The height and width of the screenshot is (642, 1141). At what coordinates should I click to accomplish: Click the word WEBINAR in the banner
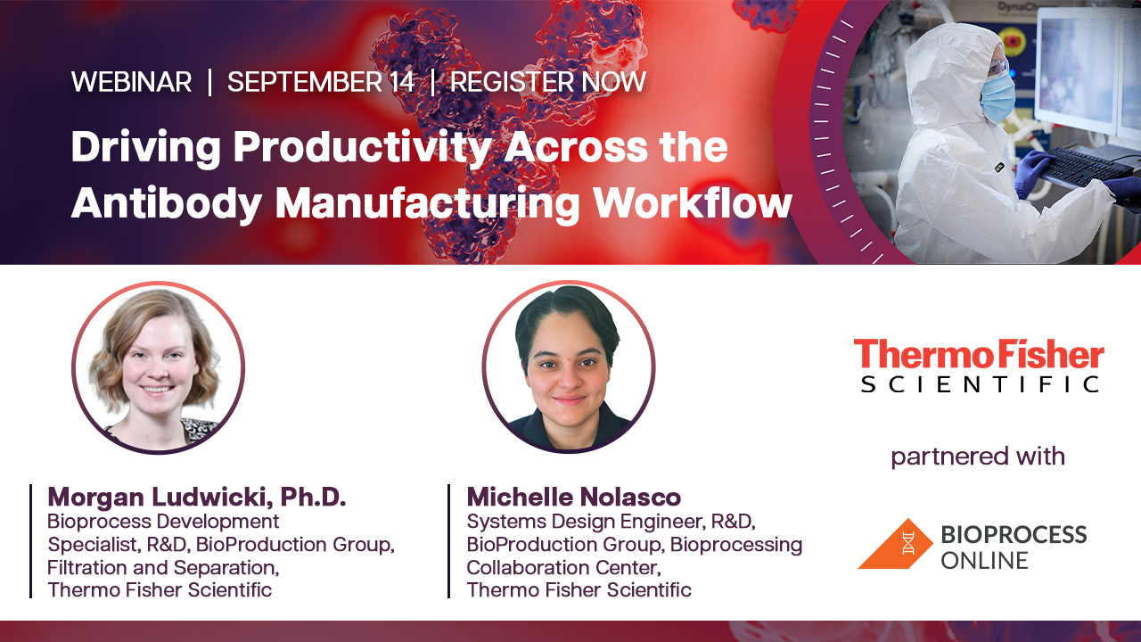tap(131, 81)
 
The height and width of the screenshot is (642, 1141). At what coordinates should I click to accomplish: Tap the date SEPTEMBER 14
tap(321, 81)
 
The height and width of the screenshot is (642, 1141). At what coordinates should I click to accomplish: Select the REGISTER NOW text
tap(548, 81)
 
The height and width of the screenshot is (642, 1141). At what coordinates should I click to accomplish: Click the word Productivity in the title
tap(363, 148)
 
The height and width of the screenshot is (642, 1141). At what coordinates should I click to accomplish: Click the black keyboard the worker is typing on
tap(1085, 167)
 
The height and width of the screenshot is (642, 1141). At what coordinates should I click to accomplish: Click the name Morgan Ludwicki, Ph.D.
tap(197, 497)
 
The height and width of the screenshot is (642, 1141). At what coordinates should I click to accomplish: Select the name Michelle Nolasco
tap(573, 497)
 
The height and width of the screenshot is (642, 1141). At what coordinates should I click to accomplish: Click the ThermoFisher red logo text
tap(979, 355)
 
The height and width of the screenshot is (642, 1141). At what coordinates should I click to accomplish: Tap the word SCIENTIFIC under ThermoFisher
tap(979, 384)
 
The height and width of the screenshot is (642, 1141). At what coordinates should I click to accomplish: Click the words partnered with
tap(978, 456)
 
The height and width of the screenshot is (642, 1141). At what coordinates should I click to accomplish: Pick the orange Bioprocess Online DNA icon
tap(895, 544)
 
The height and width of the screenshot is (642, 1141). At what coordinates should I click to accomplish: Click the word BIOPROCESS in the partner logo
tap(1014, 535)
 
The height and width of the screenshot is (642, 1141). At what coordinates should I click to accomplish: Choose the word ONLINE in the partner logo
tap(984, 561)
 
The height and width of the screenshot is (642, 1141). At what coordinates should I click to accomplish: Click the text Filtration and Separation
tap(162, 567)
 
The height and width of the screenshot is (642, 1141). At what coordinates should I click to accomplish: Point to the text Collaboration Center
tap(563, 567)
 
